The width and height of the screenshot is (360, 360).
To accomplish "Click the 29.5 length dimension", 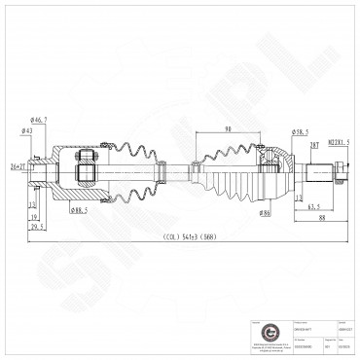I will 38,227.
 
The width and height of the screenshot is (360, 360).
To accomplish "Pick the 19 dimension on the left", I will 33,216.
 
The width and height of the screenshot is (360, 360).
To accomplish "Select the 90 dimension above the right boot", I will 228,129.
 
